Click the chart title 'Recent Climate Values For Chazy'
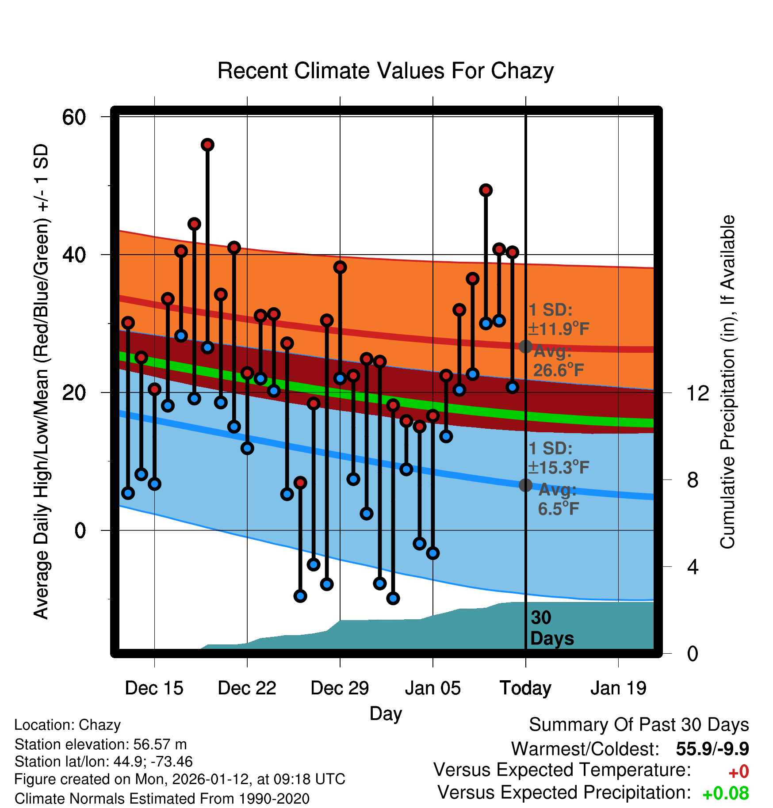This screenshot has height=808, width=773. [385, 71]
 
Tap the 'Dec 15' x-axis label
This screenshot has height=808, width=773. [154, 688]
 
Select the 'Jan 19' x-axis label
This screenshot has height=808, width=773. [618, 688]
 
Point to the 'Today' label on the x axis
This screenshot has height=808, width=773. [525, 688]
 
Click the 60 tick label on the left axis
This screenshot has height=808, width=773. [74, 117]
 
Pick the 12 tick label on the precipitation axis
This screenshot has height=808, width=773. [698, 393]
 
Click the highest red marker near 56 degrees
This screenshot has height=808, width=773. [207, 145]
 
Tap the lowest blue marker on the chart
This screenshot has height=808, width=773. [393, 598]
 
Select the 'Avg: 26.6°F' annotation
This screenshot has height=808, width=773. [557, 361]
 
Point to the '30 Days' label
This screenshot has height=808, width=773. [551, 628]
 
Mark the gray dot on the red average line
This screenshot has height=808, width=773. [525, 347]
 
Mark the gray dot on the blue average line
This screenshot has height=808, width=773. [525, 485]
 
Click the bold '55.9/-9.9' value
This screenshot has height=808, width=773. [712, 749]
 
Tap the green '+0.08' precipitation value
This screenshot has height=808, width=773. [725, 793]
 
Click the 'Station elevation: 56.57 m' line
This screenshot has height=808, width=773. [101, 744]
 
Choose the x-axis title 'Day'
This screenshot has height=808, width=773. [386, 713]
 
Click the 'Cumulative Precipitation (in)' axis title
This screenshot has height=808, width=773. [727, 382]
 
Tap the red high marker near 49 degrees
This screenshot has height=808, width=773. [486, 191]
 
